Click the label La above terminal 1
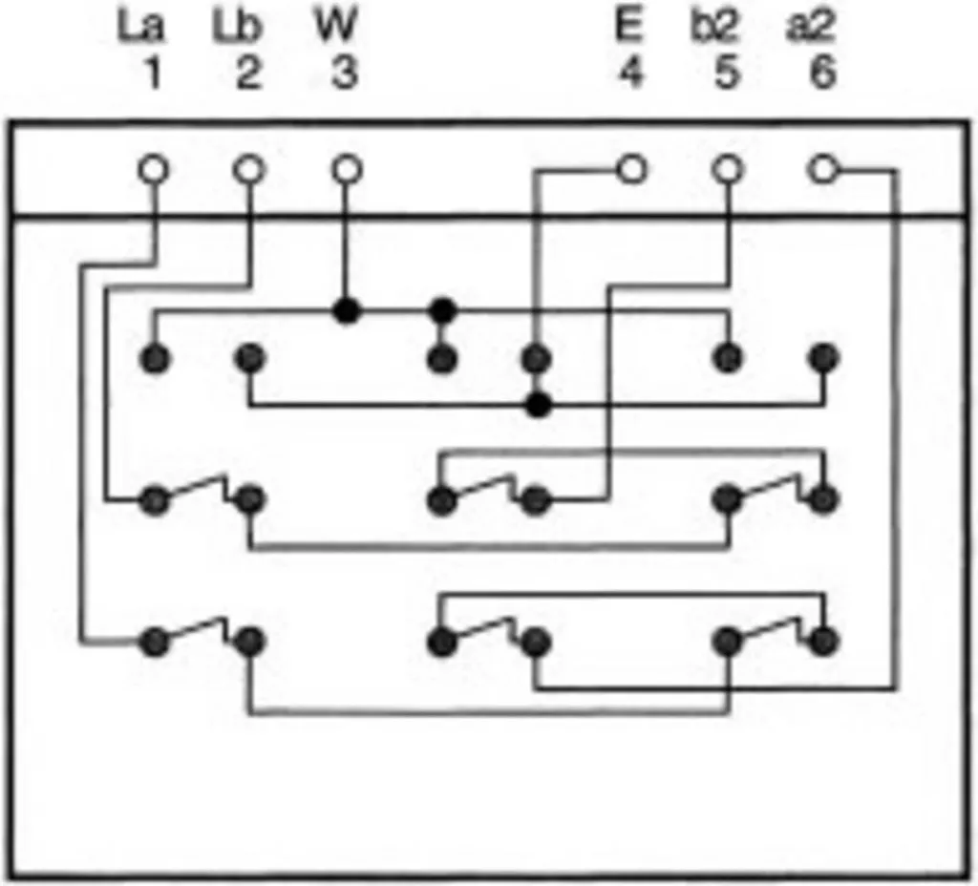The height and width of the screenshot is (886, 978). pyautogui.click(x=141, y=28)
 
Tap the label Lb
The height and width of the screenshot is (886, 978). pyautogui.click(x=238, y=28)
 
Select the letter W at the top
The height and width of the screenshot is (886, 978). pyautogui.click(x=337, y=27)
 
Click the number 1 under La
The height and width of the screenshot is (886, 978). pyautogui.click(x=152, y=74)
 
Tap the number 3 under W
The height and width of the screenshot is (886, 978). pyautogui.click(x=344, y=74)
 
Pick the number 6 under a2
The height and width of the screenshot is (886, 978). pyautogui.click(x=822, y=74)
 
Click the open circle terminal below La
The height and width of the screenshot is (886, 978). pyautogui.click(x=153, y=170)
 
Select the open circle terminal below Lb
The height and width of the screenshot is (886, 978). pyautogui.click(x=249, y=170)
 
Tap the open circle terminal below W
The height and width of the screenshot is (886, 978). pyautogui.click(x=347, y=170)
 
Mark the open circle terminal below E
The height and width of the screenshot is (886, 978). pyautogui.click(x=631, y=170)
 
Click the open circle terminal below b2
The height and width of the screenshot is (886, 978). pyautogui.click(x=728, y=170)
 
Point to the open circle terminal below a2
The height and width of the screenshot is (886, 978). pyautogui.click(x=823, y=170)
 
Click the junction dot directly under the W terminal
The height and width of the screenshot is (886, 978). pyautogui.click(x=347, y=310)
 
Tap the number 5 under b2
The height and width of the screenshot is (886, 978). pyautogui.click(x=726, y=74)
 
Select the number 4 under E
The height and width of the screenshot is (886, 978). pyautogui.click(x=630, y=74)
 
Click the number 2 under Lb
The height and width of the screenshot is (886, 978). pyautogui.click(x=247, y=74)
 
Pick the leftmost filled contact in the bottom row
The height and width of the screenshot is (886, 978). pyautogui.click(x=155, y=642)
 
